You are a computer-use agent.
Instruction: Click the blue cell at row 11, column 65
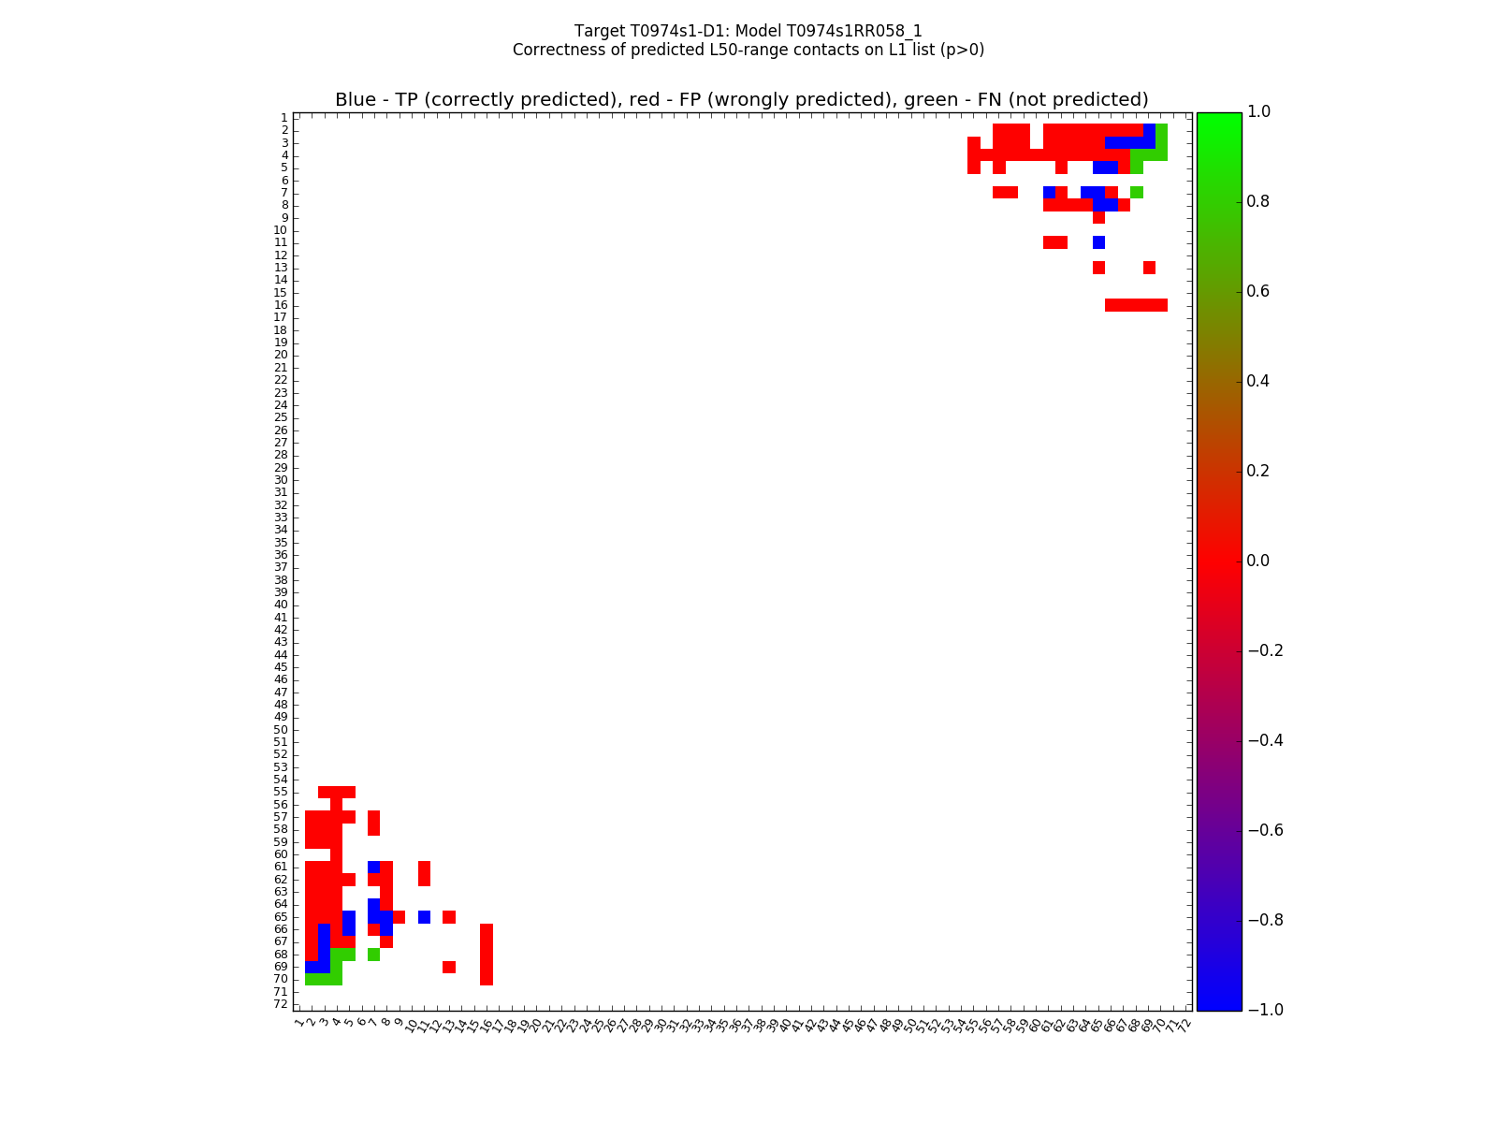(x=1098, y=242)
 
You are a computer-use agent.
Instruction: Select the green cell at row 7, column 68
(x=1136, y=192)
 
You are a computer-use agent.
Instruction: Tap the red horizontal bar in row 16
(x=1136, y=305)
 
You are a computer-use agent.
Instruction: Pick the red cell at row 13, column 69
(x=1149, y=268)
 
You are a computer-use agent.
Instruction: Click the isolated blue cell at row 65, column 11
(x=424, y=917)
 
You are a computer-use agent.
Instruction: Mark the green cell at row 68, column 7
(x=373, y=955)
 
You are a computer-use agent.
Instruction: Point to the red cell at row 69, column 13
(x=449, y=967)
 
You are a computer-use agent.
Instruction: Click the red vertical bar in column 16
(x=487, y=955)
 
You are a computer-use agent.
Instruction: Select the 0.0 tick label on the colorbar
(x=1258, y=561)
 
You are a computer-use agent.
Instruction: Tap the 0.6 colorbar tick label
(x=1258, y=291)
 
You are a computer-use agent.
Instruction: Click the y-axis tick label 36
(x=281, y=555)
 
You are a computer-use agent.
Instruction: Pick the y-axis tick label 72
(x=281, y=1004)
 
